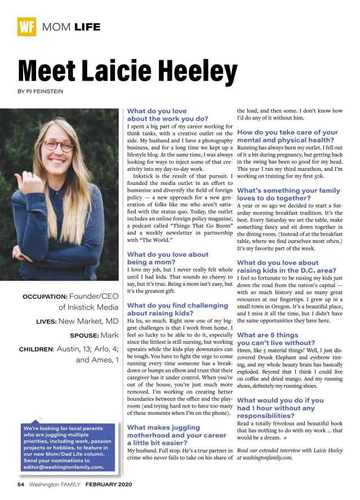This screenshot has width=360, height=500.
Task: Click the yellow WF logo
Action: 26,26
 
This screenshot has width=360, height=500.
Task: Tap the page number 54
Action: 20,485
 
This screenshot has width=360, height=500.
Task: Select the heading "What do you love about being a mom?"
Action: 168,259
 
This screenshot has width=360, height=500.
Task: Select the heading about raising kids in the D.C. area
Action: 278,267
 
